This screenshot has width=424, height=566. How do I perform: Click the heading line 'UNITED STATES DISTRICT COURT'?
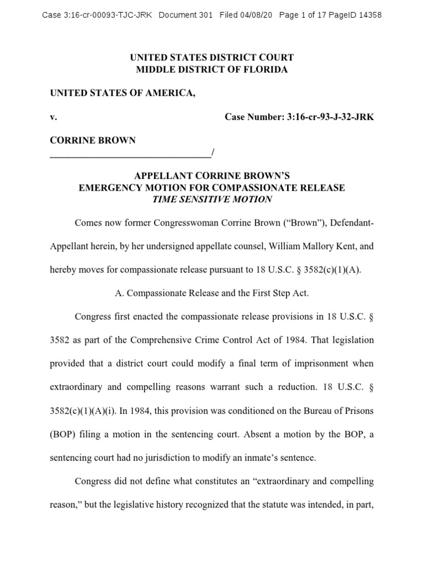click(x=211, y=57)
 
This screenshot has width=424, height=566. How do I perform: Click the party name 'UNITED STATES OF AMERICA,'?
click(x=123, y=93)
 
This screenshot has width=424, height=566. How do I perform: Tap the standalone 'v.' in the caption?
click(x=54, y=117)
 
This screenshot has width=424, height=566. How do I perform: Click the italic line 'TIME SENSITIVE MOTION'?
click(x=211, y=200)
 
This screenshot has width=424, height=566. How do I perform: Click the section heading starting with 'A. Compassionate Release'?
click(x=211, y=294)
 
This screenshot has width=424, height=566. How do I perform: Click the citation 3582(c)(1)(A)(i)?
click(x=83, y=411)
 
